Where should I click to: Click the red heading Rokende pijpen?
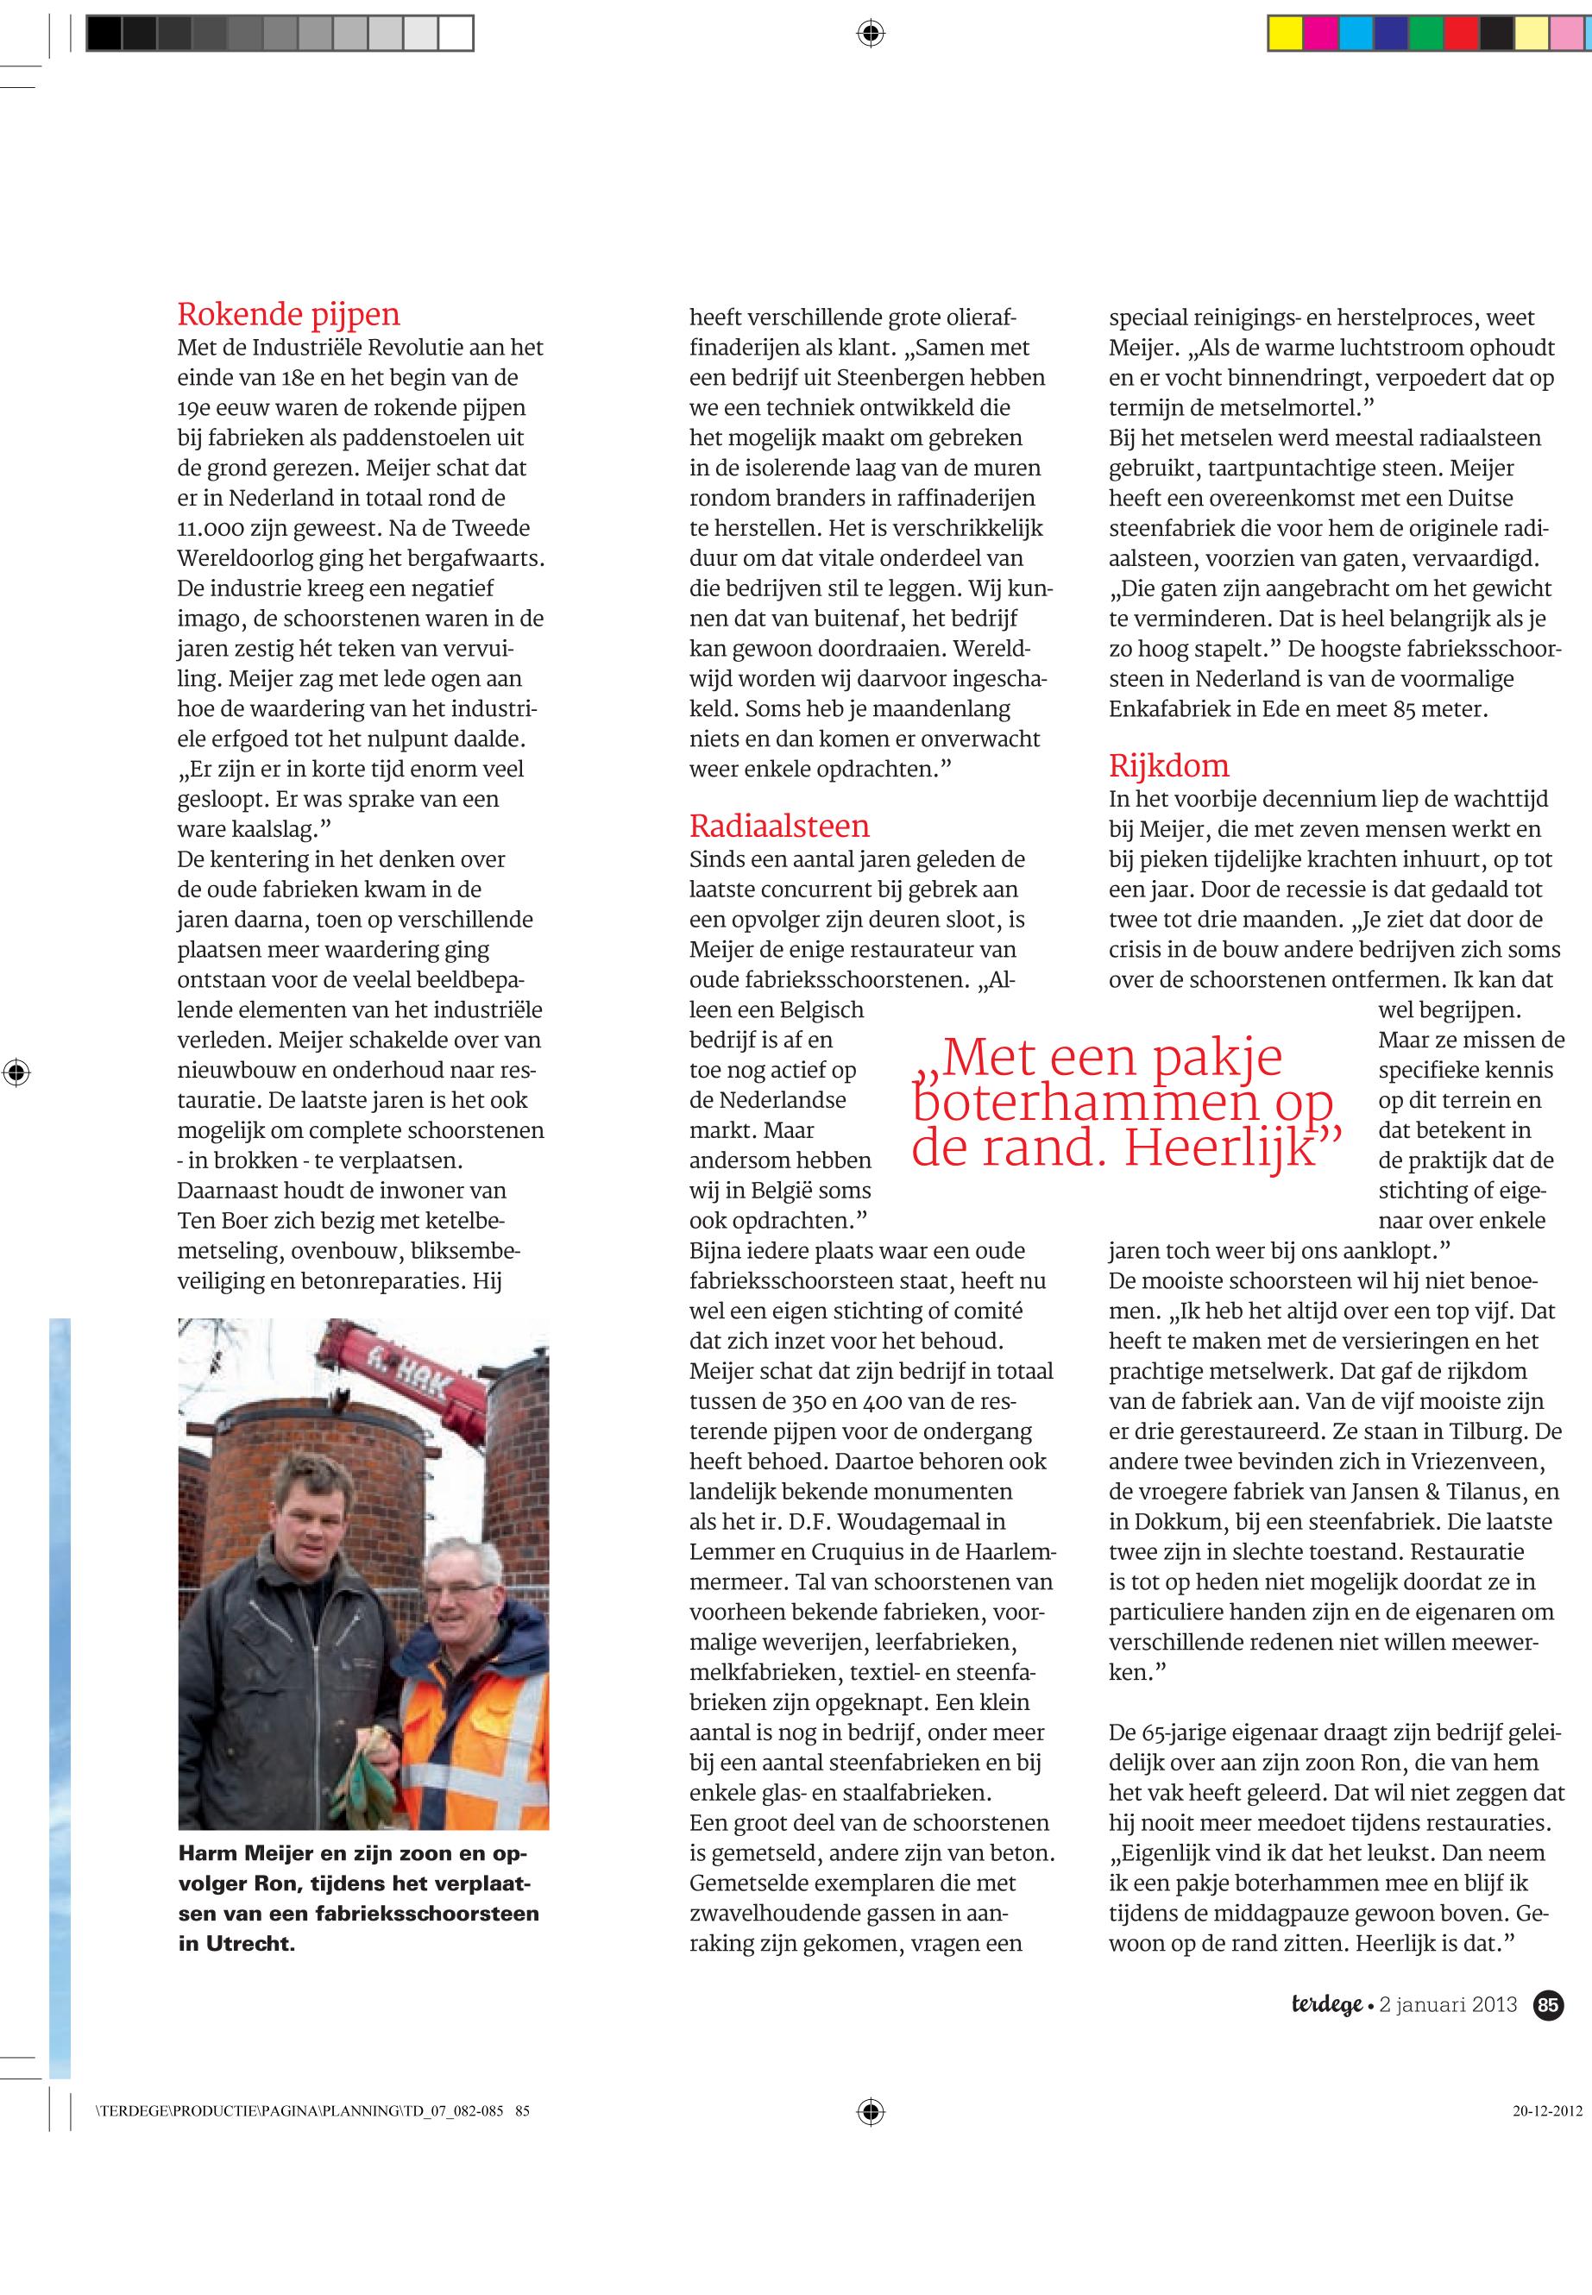(288, 314)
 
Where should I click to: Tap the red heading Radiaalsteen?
(779, 826)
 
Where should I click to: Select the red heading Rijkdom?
(1169, 766)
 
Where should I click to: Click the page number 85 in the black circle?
(1548, 2005)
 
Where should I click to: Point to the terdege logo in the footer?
(1327, 2005)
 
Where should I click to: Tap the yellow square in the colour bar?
(1286, 34)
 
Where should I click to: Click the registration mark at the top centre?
(870, 34)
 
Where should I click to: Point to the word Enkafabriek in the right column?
(1174, 709)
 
